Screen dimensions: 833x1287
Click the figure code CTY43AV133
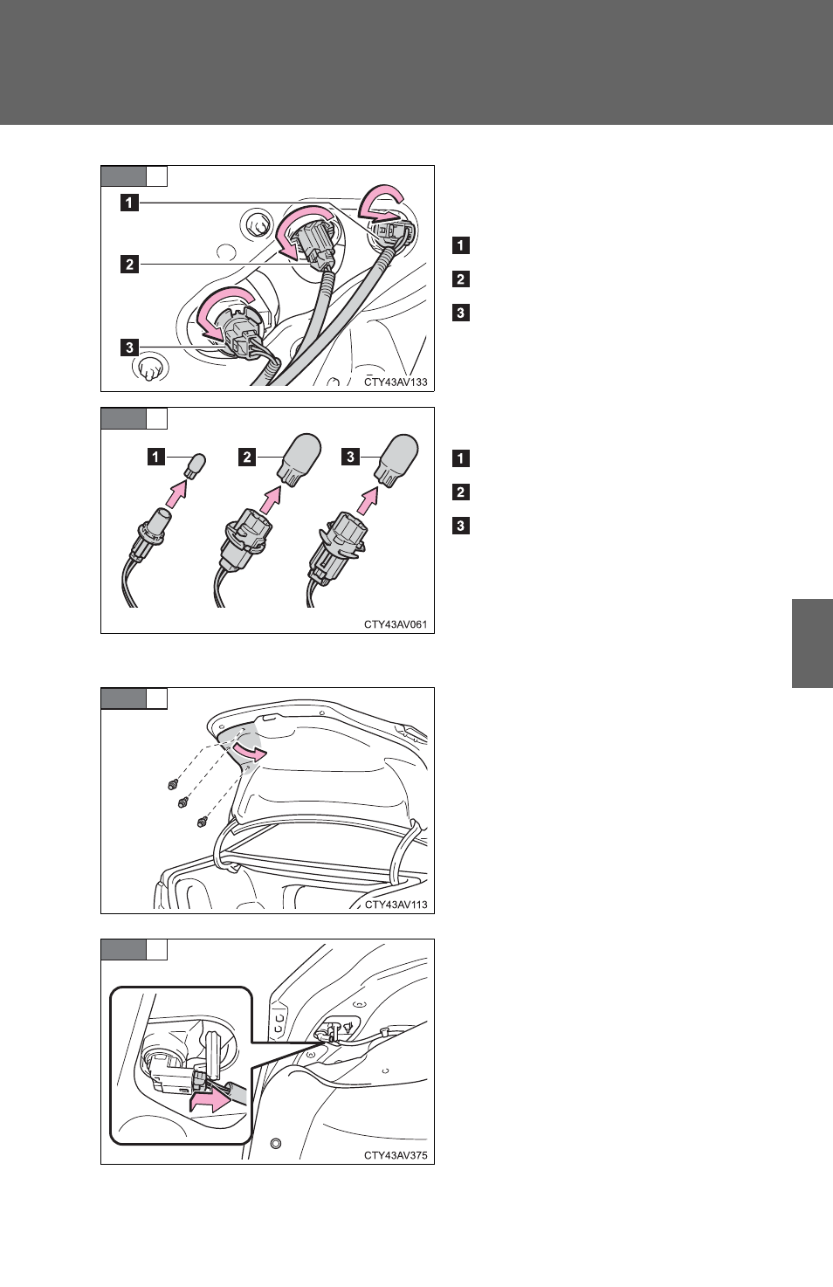pyautogui.click(x=396, y=382)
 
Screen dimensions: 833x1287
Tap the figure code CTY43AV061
pyautogui.click(x=396, y=624)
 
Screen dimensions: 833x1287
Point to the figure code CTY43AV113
pyautogui.click(x=396, y=905)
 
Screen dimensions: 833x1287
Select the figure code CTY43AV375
pyautogui.click(x=396, y=1155)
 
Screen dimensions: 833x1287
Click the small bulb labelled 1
pyautogui.click(x=196, y=465)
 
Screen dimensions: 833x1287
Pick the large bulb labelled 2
pyautogui.click(x=299, y=460)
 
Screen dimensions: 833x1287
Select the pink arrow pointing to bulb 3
pyautogui.click(x=368, y=500)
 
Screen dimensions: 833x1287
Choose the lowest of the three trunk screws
pyautogui.click(x=201, y=822)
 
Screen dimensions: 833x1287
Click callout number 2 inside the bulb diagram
pyautogui.click(x=247, y=458)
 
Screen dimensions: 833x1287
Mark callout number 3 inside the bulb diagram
pyautogui.click(x=350, y=458)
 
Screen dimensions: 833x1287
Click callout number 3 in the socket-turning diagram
pyautogui.click(x=129, y=347)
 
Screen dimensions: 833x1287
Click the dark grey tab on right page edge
pyautogui.click(x=812, y=643)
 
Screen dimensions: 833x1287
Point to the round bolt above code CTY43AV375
pyautogui.click(x=276, y=1143)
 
